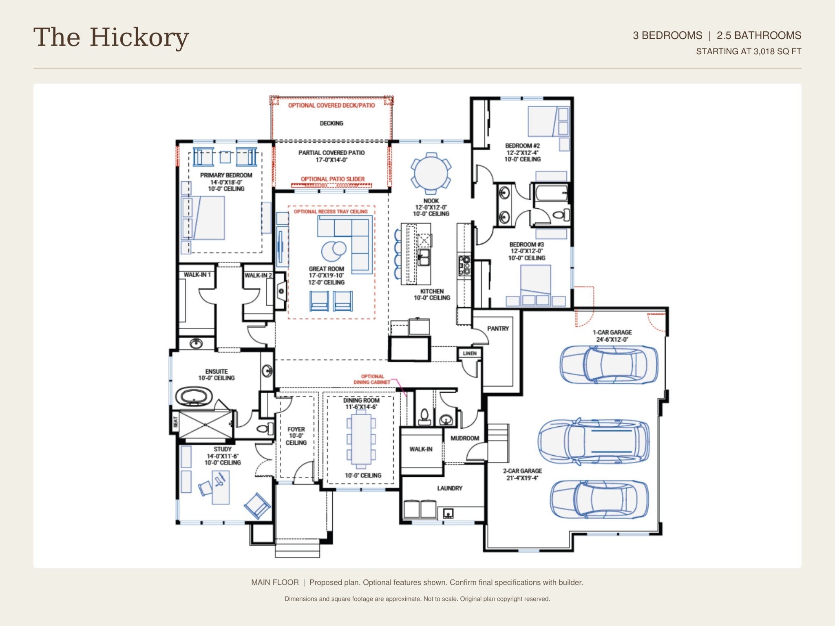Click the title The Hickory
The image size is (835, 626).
[111, 37]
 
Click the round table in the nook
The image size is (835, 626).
[431, 173]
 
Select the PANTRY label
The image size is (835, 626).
[498, 328]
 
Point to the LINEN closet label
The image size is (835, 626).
[470, 353]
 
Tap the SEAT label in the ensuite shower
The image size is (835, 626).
[175, 422]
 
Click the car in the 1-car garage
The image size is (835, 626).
[608, 365]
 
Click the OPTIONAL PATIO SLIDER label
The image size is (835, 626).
[333, 179]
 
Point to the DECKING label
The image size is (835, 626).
[331, 123]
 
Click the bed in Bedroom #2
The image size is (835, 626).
[543, 121]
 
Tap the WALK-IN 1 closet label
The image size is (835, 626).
[197, 275]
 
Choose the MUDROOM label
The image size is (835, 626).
[465, 438]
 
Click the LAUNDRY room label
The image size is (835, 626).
[450, 488]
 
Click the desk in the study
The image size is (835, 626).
[221, 487]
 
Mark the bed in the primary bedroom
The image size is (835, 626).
[209, 218]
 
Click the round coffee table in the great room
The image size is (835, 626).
[334, 251]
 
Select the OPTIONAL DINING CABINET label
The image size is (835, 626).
[372, 379]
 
